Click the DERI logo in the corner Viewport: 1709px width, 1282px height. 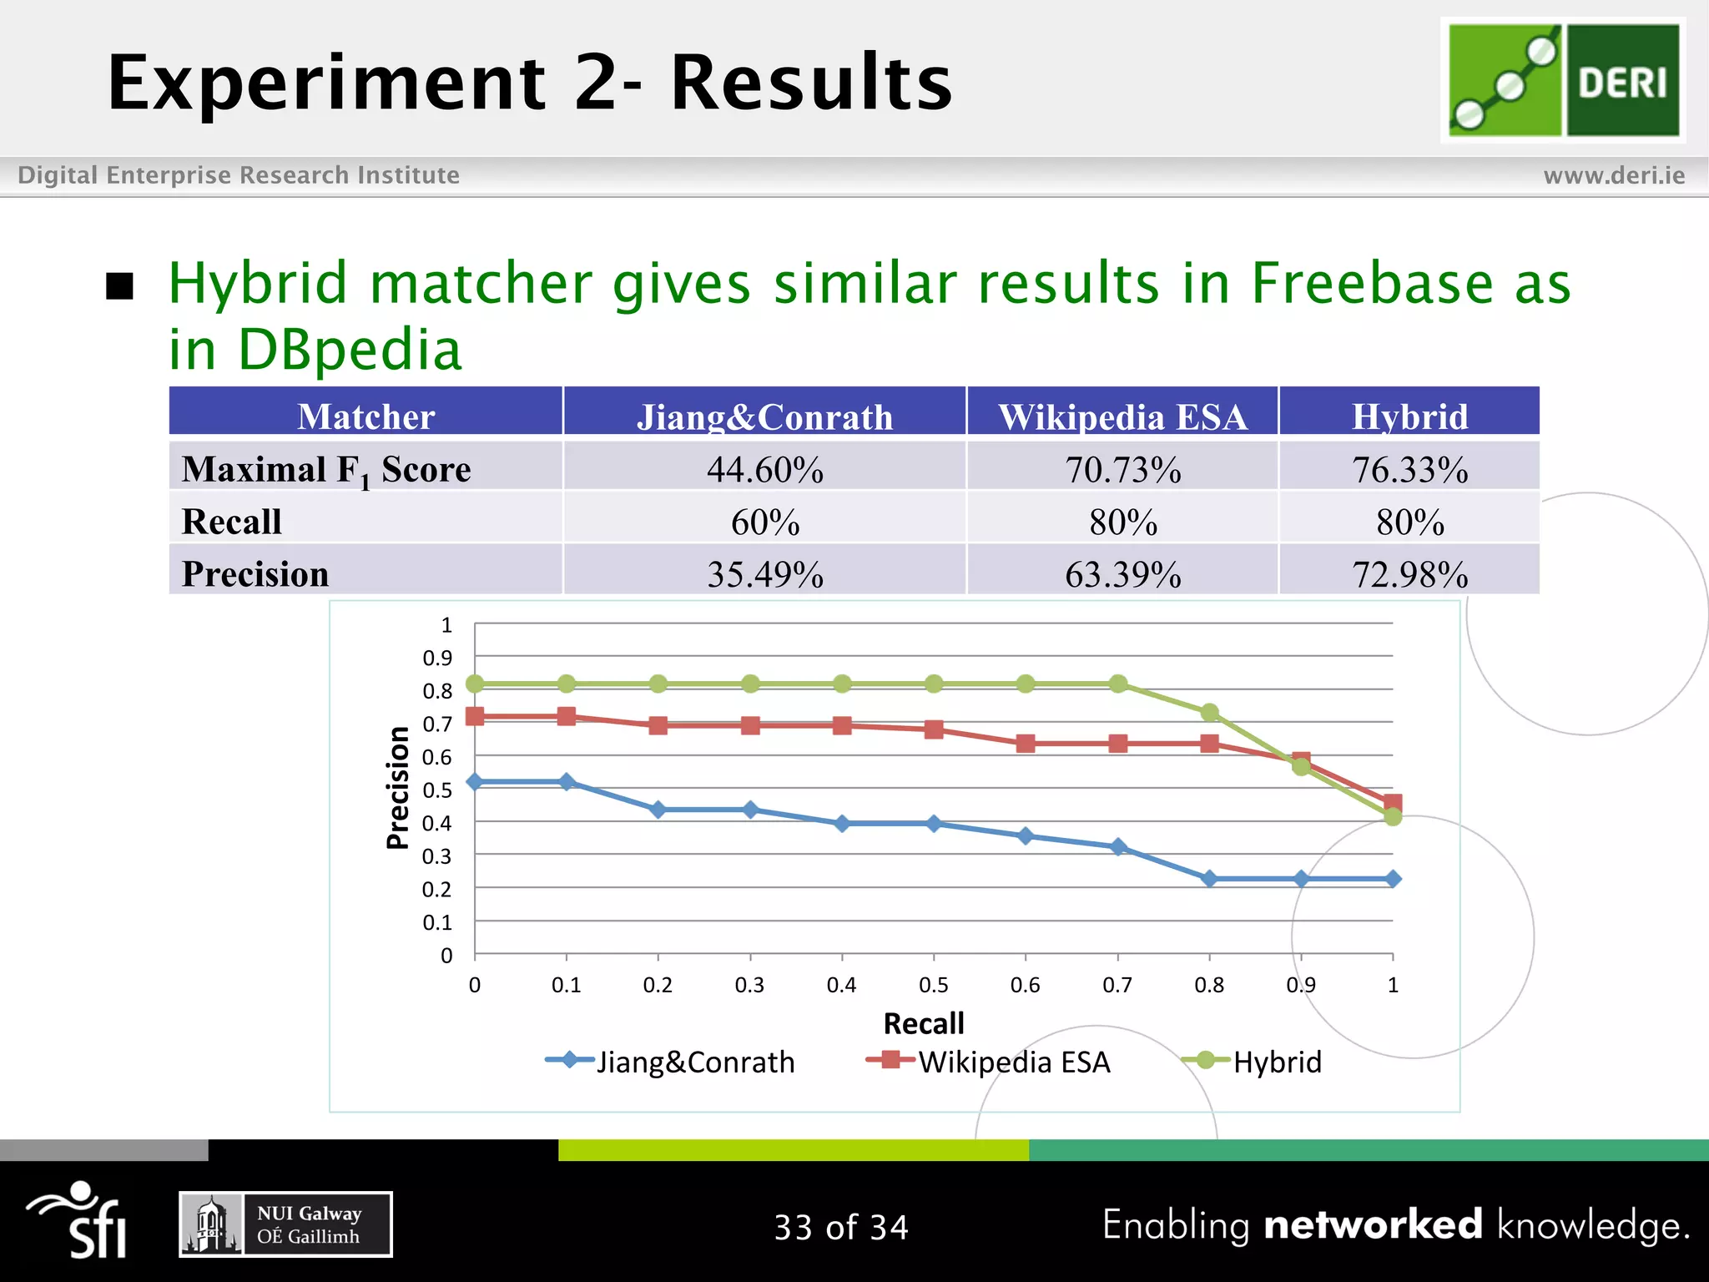(1563, 80)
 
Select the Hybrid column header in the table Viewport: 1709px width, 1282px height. (1409, 416)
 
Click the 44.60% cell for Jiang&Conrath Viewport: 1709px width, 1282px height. (764, 469)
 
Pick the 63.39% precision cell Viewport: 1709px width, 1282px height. (1122, 574)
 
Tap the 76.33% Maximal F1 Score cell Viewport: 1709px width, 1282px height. (1409, 469)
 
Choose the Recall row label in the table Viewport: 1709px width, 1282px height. (232, 522)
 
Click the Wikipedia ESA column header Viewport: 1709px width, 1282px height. (1122, 416)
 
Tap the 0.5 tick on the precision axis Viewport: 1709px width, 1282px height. (437, 790)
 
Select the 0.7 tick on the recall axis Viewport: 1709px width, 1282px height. (1117, 985)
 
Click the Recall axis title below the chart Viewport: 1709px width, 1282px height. (924, 1023)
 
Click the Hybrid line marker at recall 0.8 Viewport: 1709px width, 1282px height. (1209, 712)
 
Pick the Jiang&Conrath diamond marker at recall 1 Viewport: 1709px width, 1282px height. (1393, 879)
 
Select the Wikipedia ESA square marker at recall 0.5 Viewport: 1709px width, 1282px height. (934, 729)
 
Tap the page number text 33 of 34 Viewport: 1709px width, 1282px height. (841, 1227)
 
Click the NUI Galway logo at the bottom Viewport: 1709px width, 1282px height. (285, 1224)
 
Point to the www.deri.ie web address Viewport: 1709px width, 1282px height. (1614, 175)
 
